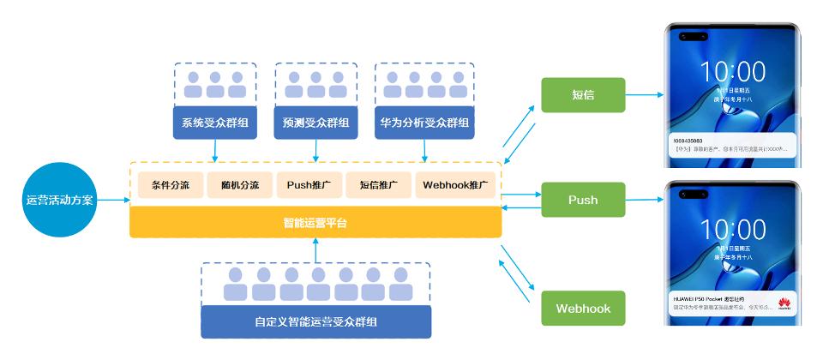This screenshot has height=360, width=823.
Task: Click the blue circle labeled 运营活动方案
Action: pos(61,200)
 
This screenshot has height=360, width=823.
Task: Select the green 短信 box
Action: pos(582,94)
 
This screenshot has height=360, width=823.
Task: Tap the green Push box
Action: pos(582,200)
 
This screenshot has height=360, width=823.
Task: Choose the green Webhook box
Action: pos(582,308)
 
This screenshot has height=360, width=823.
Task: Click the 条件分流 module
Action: pos(170,185)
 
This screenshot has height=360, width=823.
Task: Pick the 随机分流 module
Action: pos(239,185)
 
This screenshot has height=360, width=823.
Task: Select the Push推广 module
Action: pos(309,185)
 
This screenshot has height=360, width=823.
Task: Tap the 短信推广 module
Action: pos(379,185)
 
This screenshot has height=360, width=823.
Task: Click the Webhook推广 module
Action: pos(455,185)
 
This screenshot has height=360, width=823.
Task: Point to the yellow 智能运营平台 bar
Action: pos(315,223)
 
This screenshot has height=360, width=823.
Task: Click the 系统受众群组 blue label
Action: pos(214,123)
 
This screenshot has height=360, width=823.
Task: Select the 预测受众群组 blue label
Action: pos(315,123)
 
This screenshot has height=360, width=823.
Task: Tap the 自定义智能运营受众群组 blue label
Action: pos(315,322)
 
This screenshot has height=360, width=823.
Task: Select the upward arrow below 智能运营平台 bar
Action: pos(315,249)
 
